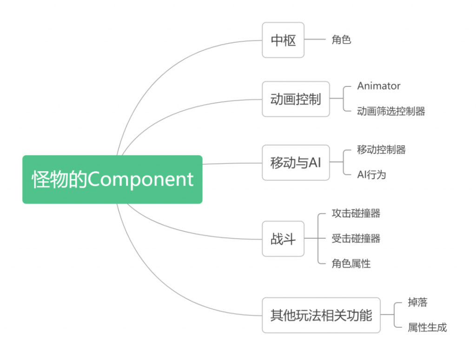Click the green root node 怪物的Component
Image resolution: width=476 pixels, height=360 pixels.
[x=112, y=179]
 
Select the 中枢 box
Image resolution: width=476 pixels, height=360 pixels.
[x=283, y=40]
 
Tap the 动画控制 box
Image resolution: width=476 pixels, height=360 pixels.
[x=296, y=99]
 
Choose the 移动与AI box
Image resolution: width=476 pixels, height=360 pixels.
[x=296, y=162]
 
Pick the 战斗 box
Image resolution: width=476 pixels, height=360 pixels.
[x=283, y=239]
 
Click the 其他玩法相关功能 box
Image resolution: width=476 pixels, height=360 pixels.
[x=321, y=315]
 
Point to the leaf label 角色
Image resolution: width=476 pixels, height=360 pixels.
[x=342, y=40]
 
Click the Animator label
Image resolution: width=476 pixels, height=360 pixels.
[x=378, y=86]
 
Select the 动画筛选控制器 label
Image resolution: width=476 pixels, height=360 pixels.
[x=391, y=111]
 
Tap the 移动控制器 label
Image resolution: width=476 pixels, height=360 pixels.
[x=381, y=149]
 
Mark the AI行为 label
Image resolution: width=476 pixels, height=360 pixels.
[x=371, y=175]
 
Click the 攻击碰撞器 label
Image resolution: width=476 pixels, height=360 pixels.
[x=356, y=213]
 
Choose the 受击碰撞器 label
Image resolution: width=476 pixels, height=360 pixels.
[x=356, y=239]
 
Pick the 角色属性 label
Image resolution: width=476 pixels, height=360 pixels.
[x=351, y=263]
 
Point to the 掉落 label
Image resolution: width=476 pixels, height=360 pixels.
[x=418, y=302]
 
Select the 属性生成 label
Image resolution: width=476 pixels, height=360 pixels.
[x=428, y=327]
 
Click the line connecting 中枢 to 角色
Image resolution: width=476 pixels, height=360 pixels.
[x=315, y=39]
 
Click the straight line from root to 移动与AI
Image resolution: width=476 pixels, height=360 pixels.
[x=232, y=163]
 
